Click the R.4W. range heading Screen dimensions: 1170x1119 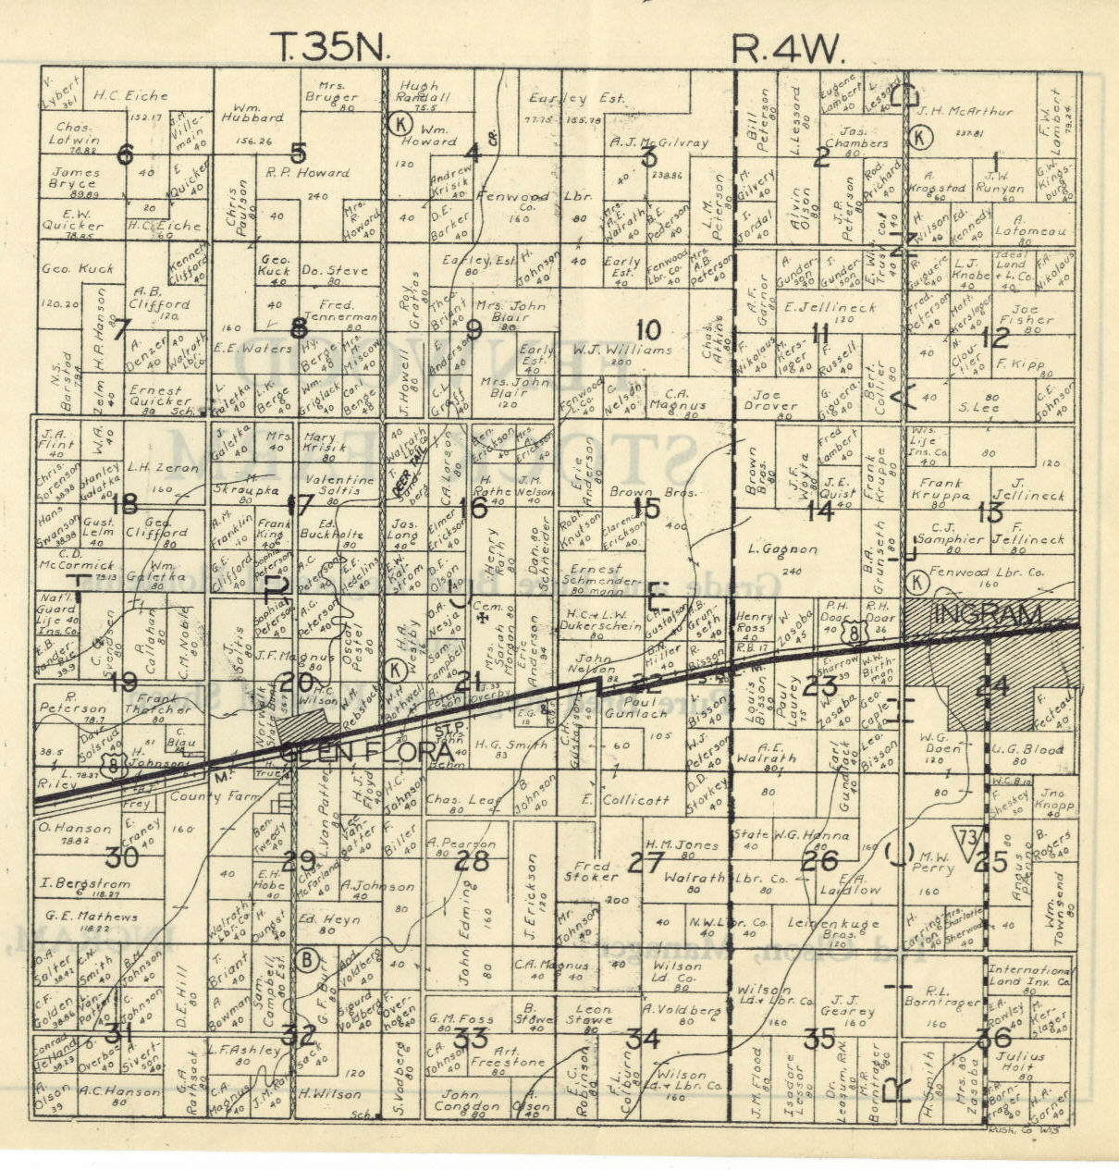click(x=789, y=46)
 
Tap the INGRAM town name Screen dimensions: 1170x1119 click(x=987, y=613)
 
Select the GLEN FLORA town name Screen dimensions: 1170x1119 click(x=366, y=753)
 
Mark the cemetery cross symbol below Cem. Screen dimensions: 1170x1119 click(x=480, y=616)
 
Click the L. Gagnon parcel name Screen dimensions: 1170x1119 click(x=782, y=548)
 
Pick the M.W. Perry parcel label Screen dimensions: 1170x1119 click(x=934, y=862)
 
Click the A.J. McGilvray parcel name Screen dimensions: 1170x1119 click(x=660, y=142)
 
